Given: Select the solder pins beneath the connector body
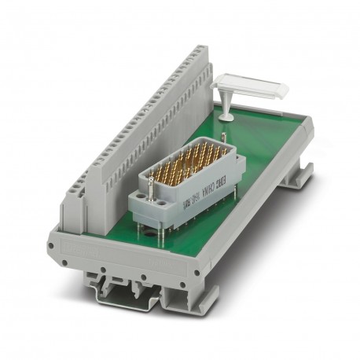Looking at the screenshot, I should pos(181,228).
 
